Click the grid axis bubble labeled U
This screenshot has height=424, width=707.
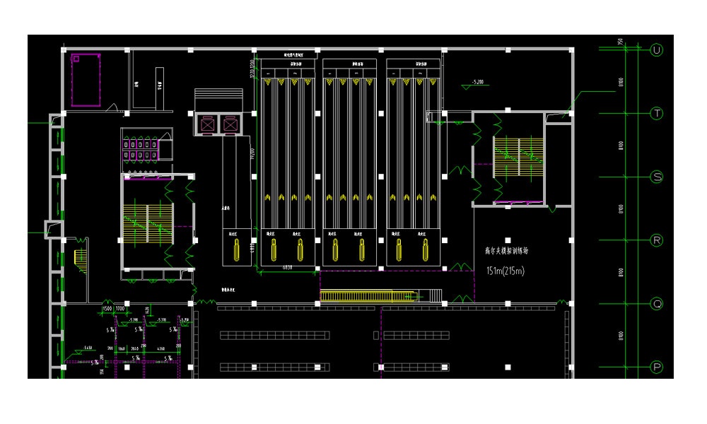657,49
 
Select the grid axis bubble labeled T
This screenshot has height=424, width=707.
657,113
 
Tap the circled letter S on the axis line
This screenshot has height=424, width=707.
657,177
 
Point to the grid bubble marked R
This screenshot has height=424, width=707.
657,240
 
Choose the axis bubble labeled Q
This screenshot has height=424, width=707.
657,304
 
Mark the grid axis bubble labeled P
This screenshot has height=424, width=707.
657,367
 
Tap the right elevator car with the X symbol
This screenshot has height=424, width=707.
231,124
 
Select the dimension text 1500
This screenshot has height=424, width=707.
107,309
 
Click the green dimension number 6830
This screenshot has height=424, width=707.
287,268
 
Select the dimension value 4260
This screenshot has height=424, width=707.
160,349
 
